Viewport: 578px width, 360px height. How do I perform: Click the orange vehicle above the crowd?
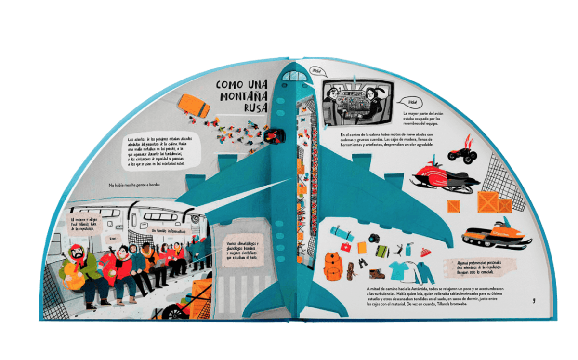point(194,105)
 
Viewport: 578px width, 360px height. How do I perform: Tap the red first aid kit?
point(346,247)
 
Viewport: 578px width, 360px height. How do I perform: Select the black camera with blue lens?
point(374,238)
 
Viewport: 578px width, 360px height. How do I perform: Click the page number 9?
point(534,301)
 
